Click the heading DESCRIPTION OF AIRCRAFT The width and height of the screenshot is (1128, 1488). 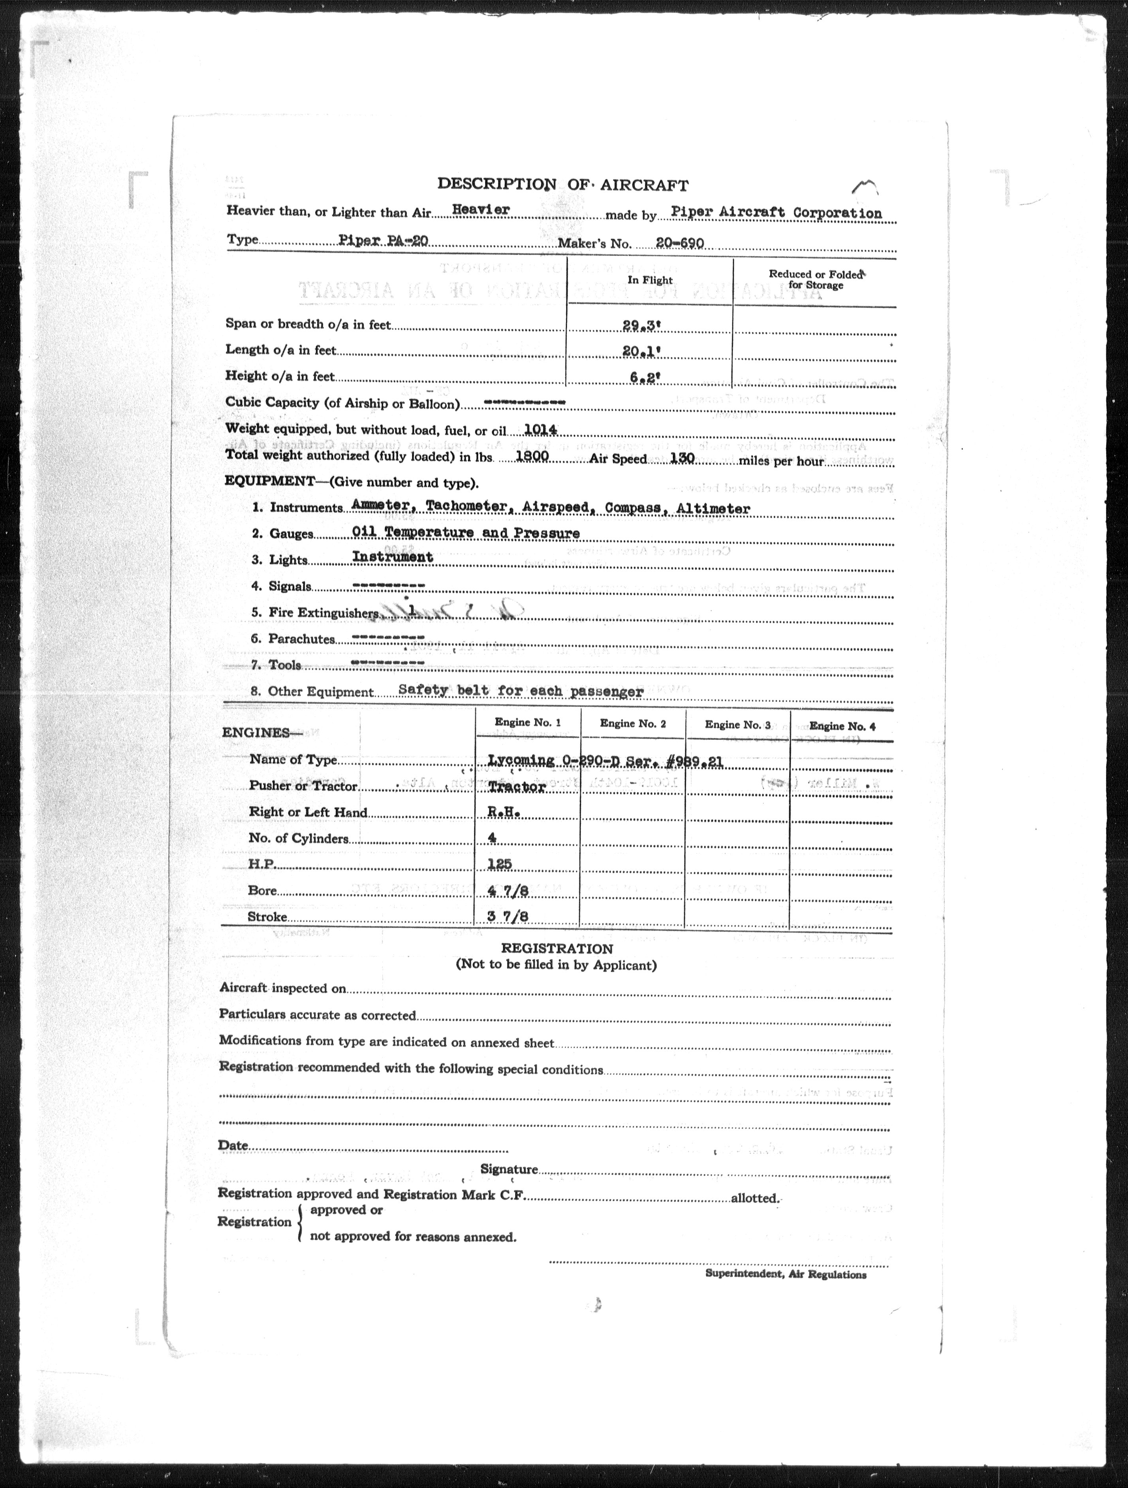coord(562,184)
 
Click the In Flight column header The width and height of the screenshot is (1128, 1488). coord(650,280)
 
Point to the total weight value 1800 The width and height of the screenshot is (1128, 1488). coord(531,456)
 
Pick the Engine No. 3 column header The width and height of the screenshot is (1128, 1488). coord(737,725)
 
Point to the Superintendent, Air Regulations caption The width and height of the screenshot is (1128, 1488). coord(785,1274)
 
